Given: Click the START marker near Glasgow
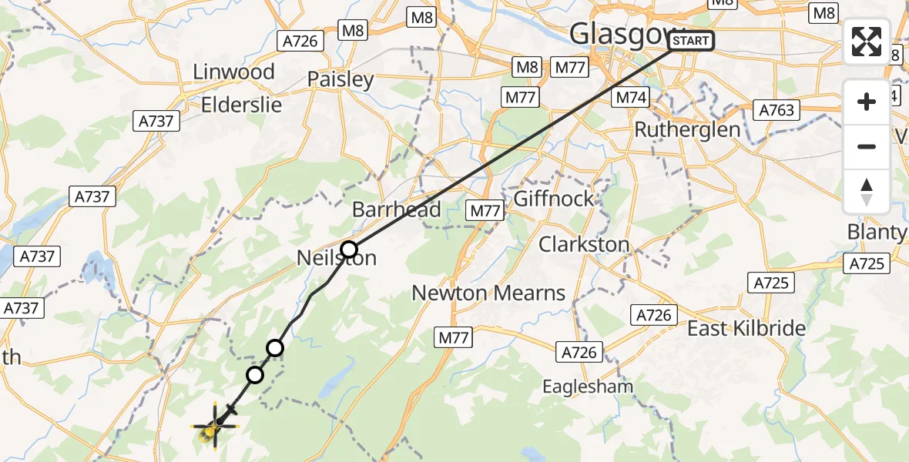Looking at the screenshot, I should click(x=692, y=41).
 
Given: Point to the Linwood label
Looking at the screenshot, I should click(x=233, y=72).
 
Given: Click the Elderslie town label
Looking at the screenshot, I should click(x=241, y=105).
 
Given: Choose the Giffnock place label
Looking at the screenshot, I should click(x=553, y=199).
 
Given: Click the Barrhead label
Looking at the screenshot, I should click(x=396, y=209).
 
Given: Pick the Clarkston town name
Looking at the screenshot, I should click(x=584, y=245).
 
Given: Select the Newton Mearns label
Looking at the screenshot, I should click(x=488, y=293).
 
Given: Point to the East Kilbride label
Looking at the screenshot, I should click(x=746, y=329).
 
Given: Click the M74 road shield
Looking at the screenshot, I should click(x=629, y=98).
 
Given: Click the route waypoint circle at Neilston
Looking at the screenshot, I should click(x=349, y=249).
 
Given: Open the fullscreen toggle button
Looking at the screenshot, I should click(x=867, y=42).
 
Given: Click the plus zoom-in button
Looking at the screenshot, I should click(x=867, y=102).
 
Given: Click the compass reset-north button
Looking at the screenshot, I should click(x=867, y=191).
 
